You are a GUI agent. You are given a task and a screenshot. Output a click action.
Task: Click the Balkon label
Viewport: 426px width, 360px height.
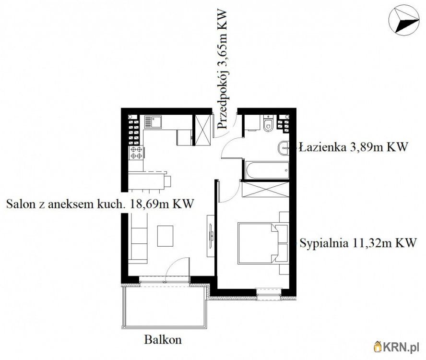pos(163,340)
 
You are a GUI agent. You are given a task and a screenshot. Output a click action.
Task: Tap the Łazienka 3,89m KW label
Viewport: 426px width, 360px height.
pos(353,147)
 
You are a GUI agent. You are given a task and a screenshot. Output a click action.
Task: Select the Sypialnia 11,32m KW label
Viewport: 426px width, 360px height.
pos(358,243)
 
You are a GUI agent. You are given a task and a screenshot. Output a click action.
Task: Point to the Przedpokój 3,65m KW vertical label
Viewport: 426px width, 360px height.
pos(222,69)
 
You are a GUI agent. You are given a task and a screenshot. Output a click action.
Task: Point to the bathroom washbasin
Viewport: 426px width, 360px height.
pos(284,148)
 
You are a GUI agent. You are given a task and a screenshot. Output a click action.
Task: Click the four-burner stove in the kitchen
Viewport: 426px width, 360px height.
pos(137,153)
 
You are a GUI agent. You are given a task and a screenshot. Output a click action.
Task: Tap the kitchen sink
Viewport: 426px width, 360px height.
pos(153,122)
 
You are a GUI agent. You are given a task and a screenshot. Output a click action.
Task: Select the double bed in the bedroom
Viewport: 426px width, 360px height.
pos(258,243)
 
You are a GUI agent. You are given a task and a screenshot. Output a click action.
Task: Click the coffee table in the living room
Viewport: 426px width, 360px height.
pos(165,236)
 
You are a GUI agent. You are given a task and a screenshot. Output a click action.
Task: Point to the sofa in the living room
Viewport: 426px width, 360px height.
pos(138,239)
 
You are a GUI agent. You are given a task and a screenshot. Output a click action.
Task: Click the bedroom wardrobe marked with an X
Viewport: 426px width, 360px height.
pos(265,189)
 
